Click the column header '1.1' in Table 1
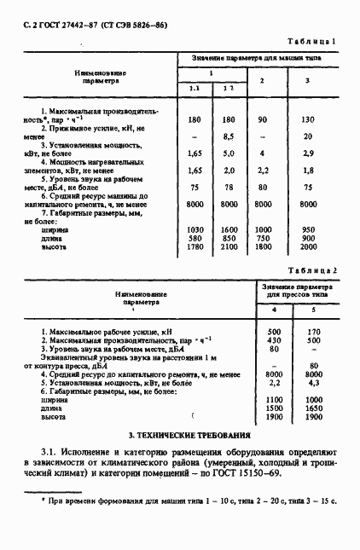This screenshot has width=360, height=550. pos(194,90)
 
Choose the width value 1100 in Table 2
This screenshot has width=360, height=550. pos(273,400)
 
